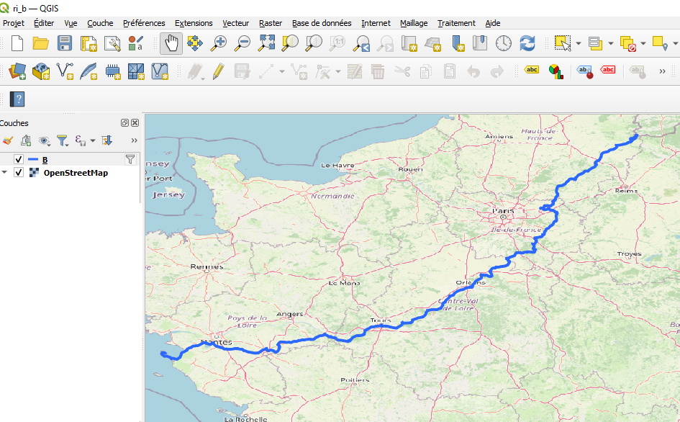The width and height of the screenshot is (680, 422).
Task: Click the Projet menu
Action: (14, 23)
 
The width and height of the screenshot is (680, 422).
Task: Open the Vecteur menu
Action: (236, 23)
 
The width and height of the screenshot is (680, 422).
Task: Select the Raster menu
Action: (271, 23)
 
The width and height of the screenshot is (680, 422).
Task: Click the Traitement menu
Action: (456, 23)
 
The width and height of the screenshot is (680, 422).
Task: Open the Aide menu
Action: (493, 23)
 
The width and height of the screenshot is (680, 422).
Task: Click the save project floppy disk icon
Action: (65, 43)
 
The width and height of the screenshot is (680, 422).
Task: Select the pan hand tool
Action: (171, 43)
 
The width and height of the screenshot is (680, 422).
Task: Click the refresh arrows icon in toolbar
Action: (527, 43)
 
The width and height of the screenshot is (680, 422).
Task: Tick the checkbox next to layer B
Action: (19, 159)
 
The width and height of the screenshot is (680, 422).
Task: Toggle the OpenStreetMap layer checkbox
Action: (19, 173)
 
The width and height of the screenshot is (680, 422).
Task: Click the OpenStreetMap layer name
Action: (76, 173)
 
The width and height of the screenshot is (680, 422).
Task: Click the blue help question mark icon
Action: (17, 99)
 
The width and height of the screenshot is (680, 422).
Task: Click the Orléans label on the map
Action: (471, 283)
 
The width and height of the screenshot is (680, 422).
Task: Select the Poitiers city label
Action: (355, 380)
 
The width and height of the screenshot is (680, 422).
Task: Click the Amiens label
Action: (499, 136)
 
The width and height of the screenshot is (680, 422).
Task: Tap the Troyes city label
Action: (629, 254)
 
